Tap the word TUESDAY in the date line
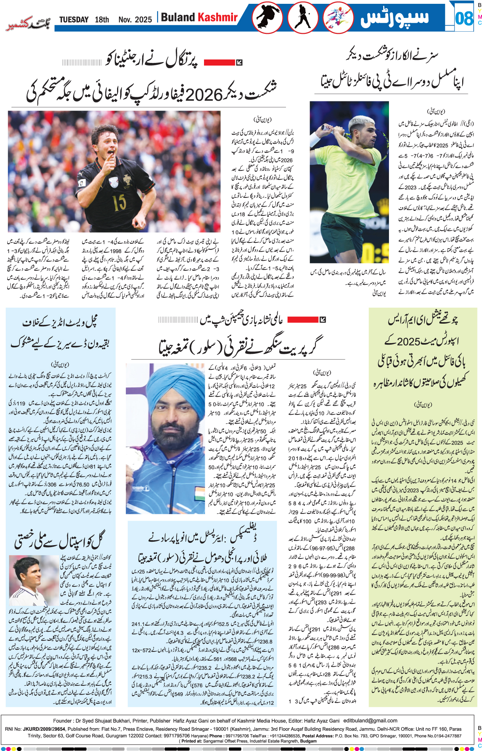click(74, 19)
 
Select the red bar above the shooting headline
click(302, 319)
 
